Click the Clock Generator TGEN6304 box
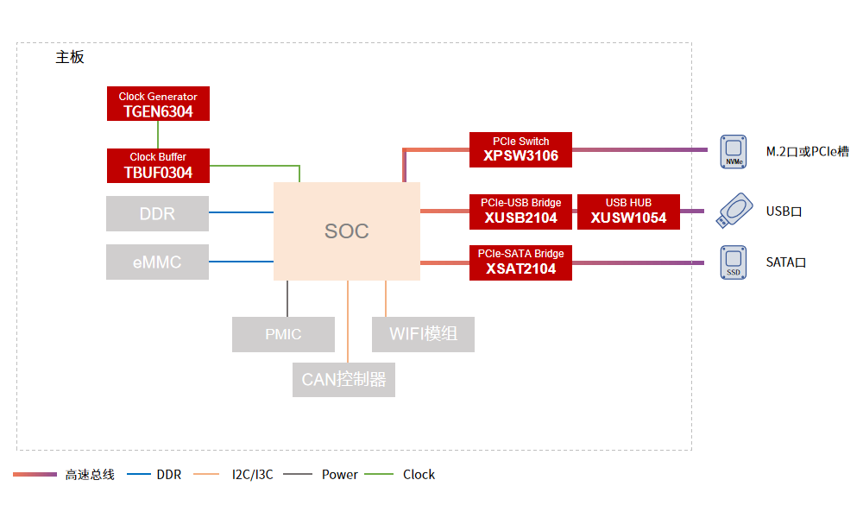point(158,104)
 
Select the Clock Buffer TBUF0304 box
point(158,165)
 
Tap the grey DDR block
point(157,213)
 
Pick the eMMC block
point(157,262)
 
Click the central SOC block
point(347,231)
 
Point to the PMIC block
point(283,334)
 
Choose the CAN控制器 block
point(343,379)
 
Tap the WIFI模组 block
point(423,334)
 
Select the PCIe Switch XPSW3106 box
point(520,148)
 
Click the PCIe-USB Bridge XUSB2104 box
point(520,212)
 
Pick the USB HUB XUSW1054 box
point(628,212)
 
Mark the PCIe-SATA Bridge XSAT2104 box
point(520,262)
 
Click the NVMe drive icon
point(733,150)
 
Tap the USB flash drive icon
point(733,211)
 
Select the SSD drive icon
point(733,262)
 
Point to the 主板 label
point(70,58)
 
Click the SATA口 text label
point(785,262)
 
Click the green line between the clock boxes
point(158,135)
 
